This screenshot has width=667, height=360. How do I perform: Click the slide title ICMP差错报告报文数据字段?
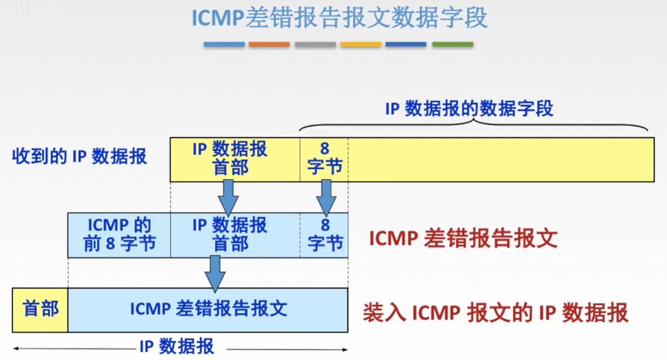[339, 18]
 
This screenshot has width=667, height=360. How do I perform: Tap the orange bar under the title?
[269, 45]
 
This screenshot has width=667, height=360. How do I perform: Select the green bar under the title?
[452, 45]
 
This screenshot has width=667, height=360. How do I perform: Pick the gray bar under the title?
[315, 45]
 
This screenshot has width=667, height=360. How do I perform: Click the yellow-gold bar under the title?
[361, 45]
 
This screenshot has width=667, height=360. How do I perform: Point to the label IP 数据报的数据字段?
[469, 109]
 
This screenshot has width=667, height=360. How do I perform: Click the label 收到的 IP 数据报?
[79, 157]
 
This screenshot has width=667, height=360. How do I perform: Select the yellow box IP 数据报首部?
[235, 159]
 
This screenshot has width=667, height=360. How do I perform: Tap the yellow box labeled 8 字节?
[324, 159]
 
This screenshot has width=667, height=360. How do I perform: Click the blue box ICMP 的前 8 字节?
[119, 235]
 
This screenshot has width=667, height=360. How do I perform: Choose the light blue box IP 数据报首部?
[235, 235]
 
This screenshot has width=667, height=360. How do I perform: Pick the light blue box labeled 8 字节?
[324, 235]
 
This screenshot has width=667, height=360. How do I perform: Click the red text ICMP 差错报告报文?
[463, 239]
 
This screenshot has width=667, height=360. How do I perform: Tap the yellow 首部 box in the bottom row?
[40, 309]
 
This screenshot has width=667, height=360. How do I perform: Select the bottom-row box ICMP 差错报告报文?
[208, 309]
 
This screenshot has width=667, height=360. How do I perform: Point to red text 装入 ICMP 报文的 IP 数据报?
[495, 313]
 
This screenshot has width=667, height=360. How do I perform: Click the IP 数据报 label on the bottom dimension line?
[177, 347]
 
